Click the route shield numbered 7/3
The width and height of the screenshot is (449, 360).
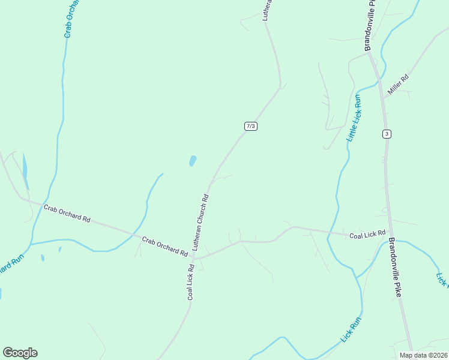click(251, 126)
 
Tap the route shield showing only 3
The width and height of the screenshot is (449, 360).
click(387, 134)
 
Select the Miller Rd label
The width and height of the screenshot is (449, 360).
click(398, 85)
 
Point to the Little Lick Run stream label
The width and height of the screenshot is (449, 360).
click(354, 118)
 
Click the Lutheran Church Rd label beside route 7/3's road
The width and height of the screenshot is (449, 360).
click(200, 221)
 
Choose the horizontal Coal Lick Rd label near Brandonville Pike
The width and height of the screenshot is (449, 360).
click(367, 234)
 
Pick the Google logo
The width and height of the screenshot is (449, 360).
click(20, 353)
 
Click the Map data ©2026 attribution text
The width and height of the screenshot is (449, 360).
click(423, 355)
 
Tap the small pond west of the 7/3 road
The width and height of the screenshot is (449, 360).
click(193, 161)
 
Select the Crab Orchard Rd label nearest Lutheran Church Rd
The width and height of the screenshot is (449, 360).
click(164, 246)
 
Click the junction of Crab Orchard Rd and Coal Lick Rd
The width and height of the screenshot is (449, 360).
click(194, 259)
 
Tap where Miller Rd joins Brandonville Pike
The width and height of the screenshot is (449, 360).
click(383, 98)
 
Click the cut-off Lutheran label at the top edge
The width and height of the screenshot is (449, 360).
click(268, 10)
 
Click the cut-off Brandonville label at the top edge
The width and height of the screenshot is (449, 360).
click(369, 24)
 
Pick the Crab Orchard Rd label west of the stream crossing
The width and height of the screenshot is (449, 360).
click(67, 213)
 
